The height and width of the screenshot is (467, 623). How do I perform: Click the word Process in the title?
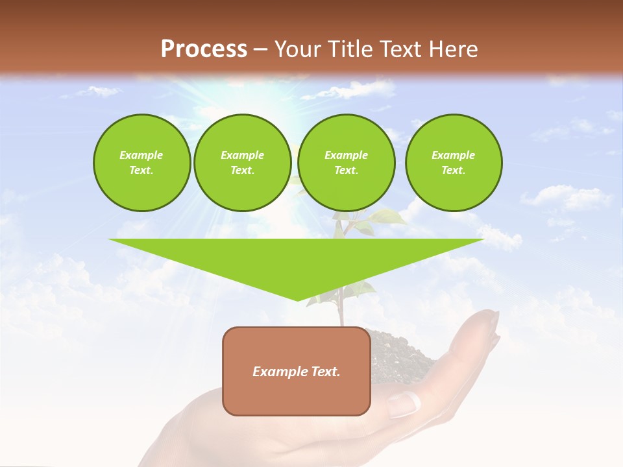[x=204, y=49]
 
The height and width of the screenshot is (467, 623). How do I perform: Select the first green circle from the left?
[x=141, y=163]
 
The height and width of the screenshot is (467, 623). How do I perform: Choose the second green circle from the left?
[x=242, y=163]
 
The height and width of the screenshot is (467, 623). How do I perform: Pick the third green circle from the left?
[x=346, y=163]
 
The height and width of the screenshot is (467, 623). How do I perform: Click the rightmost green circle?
[x=453, y=163]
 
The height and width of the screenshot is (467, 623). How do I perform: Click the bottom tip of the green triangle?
[x=297, y=299]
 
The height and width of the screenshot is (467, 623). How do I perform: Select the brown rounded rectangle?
[x=296, y=389]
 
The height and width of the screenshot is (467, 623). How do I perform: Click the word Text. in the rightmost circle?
[x=453, y=171]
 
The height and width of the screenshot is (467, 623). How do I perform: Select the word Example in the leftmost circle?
[x=141, y=155]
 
